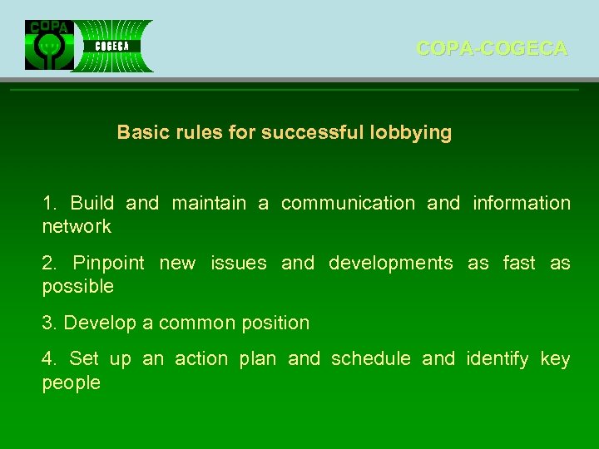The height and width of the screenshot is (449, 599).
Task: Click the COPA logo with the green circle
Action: pos(49,45)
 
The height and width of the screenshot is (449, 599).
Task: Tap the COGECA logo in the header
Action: pos(112,46)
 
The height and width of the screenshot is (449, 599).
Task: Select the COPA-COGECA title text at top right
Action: pos(492,49)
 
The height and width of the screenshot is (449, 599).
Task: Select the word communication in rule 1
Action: pos(348,203)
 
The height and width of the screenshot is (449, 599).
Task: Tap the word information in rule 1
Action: pos(522,203)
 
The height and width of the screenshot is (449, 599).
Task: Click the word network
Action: pos(77,226)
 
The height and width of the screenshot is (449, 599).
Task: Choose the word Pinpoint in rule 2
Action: pos(108,264)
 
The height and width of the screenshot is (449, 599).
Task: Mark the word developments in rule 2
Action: pos(391,264)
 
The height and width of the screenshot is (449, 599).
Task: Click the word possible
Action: pos(77,287)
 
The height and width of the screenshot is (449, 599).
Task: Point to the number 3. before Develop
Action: pos(49,323)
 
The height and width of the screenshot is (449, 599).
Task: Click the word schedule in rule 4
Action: pos(371,359)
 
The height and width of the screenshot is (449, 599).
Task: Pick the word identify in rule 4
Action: pos(498,359)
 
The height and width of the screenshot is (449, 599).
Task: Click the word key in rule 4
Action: pos(555,359)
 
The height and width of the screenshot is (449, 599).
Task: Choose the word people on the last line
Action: pos(71,383)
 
